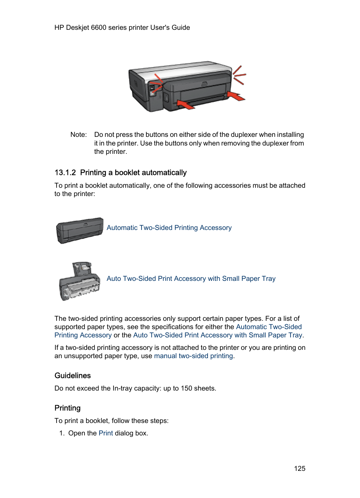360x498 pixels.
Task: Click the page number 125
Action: point(300,468)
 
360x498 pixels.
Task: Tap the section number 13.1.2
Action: point(65,173)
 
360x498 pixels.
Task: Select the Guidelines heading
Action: point(72,375)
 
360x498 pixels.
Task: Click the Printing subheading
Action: point(67,408)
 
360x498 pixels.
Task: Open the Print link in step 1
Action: point(106,433)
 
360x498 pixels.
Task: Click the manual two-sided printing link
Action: point(193,356)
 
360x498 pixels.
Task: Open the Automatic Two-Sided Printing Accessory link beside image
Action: point(169,228)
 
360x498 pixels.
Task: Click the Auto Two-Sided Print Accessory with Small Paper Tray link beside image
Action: point(191,279)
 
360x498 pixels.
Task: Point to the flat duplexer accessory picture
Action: point(80,230)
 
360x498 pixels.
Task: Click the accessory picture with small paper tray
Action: point(80,282)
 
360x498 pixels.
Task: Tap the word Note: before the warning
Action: point(78,135)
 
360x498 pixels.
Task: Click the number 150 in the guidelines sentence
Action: point(186,388)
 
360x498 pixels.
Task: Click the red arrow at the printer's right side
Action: point(237,97)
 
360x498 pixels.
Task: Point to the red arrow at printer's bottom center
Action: point(186,104)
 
